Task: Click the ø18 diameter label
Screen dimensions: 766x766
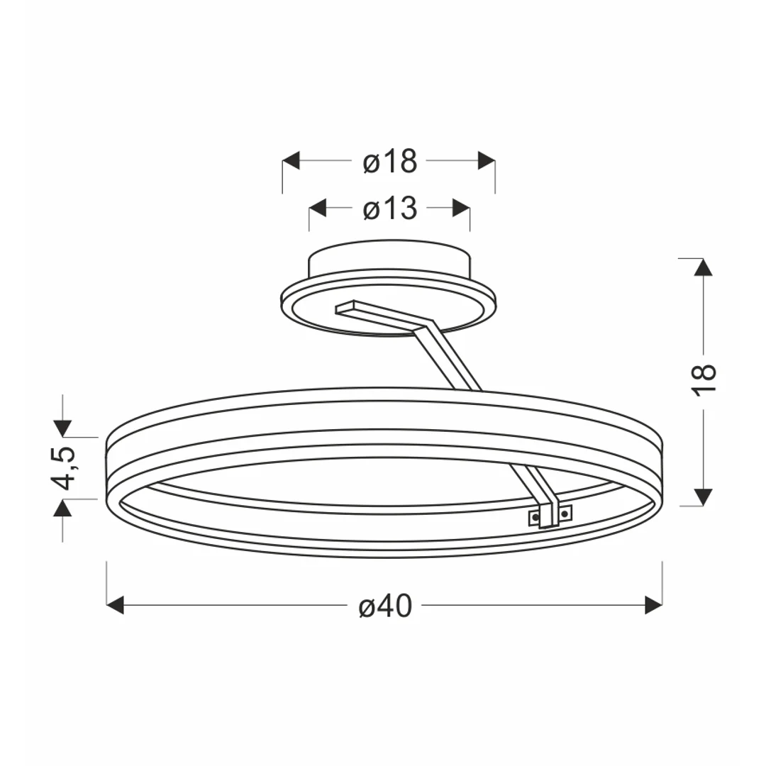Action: coord(390,161)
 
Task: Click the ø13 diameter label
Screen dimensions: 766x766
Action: coord(390,209)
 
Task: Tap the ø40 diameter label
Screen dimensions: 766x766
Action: coord(385,606)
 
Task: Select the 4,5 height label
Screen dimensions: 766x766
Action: coord(64,467)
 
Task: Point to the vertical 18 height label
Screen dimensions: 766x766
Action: coord(704,380)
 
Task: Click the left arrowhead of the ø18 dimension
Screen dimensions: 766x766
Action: coord(292,161)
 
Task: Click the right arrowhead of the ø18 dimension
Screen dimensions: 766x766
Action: coord(487,161)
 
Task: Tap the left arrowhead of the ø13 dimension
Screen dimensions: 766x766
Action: coord(318,208)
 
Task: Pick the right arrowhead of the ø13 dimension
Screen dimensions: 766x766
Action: coord(461,208)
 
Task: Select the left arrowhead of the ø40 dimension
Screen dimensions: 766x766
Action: coord(116,605)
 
